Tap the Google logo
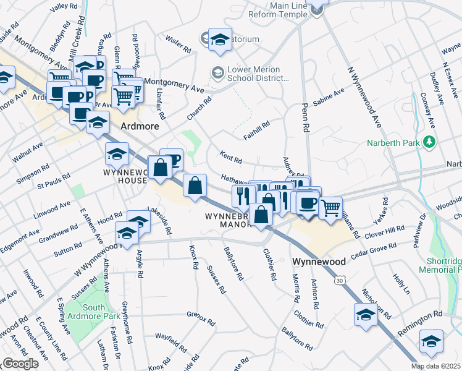pos(20,364)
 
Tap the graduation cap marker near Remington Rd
pos(430,340)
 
